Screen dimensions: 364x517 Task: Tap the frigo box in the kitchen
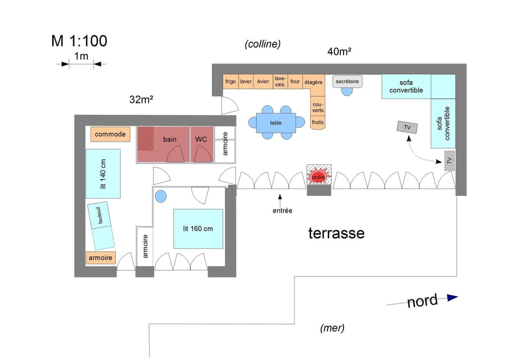click(230, 82)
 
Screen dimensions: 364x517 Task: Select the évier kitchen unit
click(263, 82)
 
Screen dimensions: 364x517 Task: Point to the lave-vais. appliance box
click(280, 81)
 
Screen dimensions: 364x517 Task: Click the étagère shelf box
click(313, 82)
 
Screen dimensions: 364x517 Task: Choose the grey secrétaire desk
click(347, 82)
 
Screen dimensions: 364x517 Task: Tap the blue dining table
click(276, 122)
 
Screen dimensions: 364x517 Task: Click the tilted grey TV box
click(407, 128)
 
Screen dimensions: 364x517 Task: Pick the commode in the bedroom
click(110, 134)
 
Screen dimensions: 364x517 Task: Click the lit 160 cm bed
click(198, 228)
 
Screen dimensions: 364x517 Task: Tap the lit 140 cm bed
click(102, 173)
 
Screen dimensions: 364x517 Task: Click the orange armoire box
click(101, 258)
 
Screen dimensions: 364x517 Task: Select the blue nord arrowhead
click(452, 297)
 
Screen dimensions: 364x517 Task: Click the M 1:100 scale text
click(79, 41)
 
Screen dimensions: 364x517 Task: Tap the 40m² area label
click(339, 52)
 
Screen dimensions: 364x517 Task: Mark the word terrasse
click(336, 233)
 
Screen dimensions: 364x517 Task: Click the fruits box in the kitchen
click(318, 122)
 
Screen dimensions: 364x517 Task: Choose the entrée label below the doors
click(282, 211)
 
